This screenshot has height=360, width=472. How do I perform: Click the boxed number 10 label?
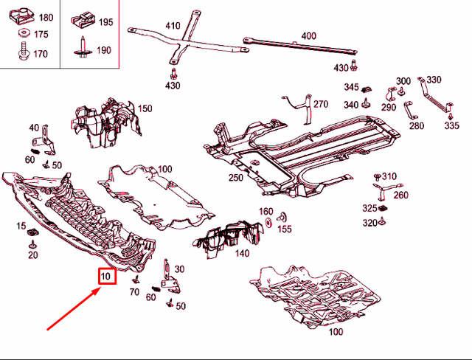click(x=106, y=277)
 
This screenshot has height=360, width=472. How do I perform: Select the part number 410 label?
click(x=173, y=26)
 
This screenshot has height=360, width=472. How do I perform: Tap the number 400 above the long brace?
click(x=308, y=35)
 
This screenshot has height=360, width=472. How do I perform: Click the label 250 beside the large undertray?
click(x=235, y=178)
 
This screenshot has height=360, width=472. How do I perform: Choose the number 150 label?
click(x=145, y=108)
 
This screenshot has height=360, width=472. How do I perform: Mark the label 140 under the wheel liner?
click(x=242, y=252)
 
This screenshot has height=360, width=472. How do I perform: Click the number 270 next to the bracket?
click(x=320, y=104)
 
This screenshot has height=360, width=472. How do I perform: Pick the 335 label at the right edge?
click(x=451, y=126)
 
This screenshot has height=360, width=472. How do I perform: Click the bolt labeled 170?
click(x=22, y=53)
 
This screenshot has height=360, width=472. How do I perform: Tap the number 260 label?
click(x=401, y=195)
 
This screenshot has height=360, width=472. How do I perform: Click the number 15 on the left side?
click(x=21, y=225)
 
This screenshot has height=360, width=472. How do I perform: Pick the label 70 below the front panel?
click(x=133, y=292)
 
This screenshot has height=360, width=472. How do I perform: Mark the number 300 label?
click(x=403, y=81)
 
